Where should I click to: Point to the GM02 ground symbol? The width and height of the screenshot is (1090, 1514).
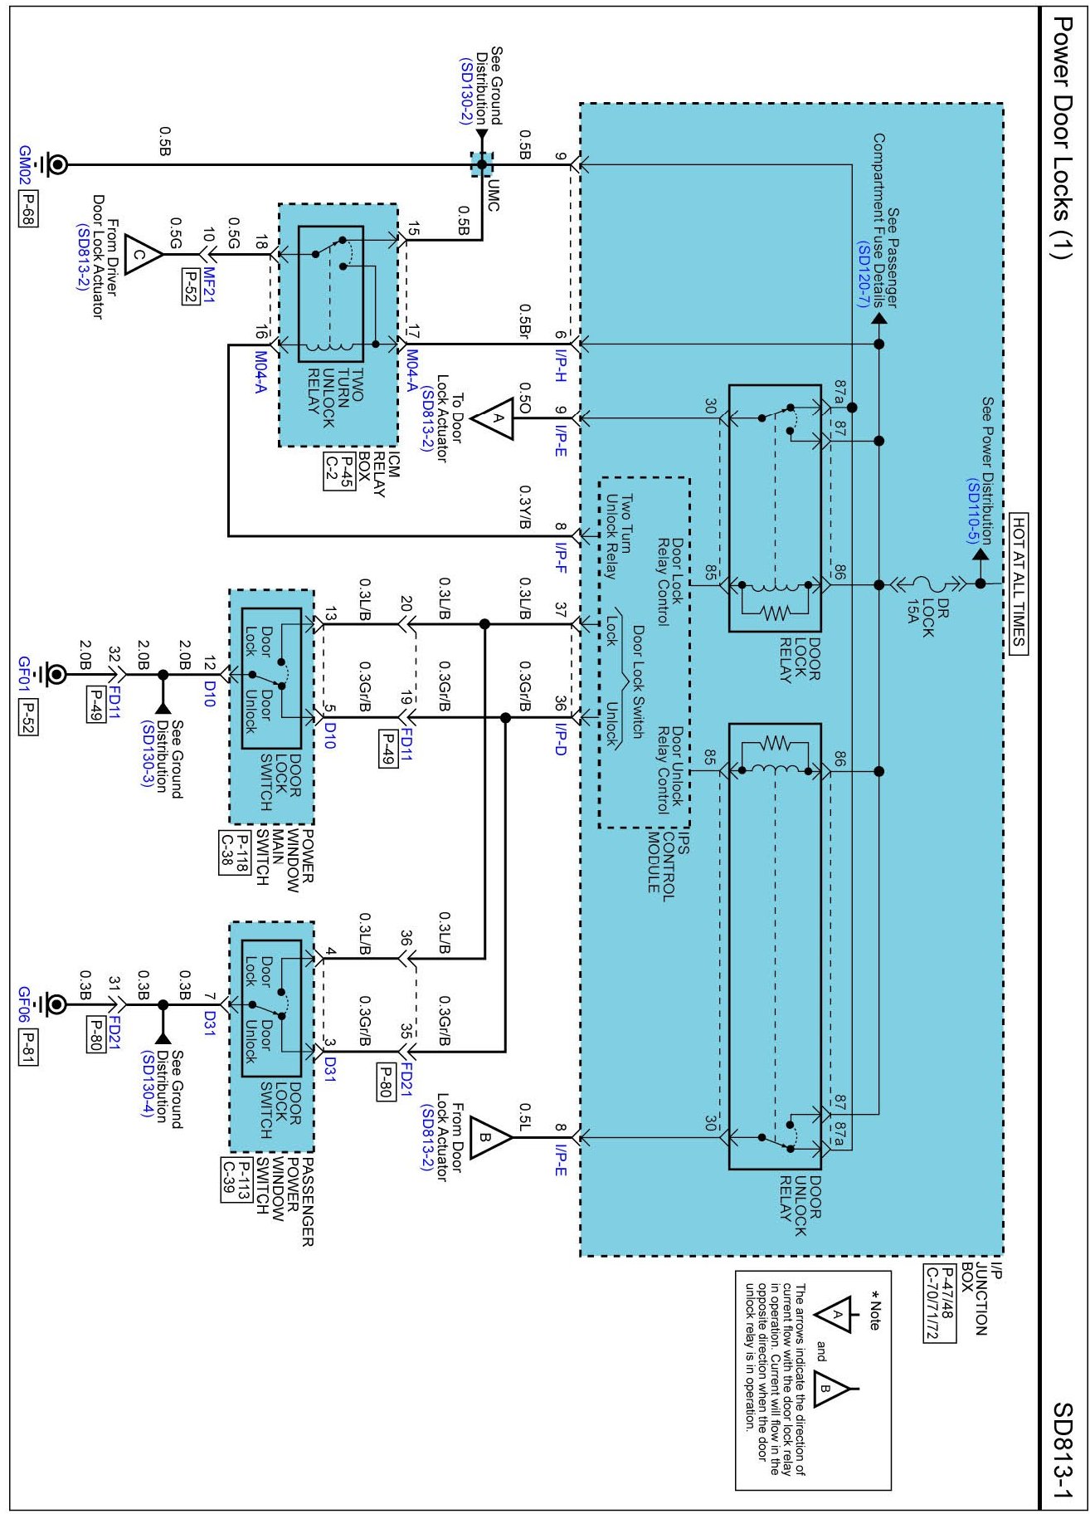(x=56, y=164)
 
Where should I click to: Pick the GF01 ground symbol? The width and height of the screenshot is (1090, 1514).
(x=56, y=674)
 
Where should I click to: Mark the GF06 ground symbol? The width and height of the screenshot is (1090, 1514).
(x=56, y=1004)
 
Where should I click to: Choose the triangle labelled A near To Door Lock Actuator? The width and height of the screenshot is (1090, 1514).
(x=494, y=418)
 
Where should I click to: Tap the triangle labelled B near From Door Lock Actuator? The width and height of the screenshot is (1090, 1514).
(x=489, y=1137)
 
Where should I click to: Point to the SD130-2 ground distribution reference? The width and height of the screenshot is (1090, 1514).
(x=465, y=91)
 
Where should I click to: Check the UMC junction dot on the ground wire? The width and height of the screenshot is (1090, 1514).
(x=482, y=164)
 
